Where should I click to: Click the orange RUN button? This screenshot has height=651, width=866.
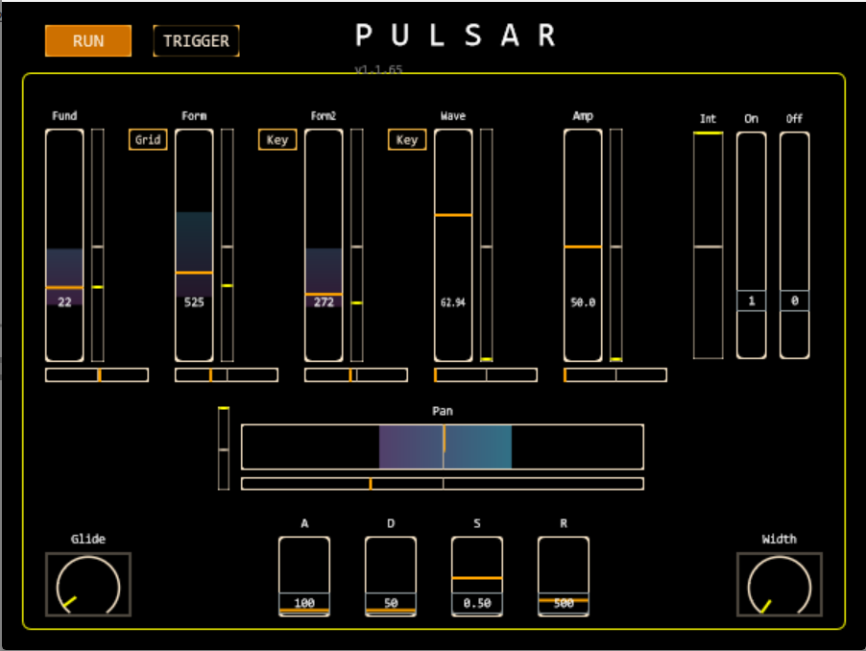tap(88, 41)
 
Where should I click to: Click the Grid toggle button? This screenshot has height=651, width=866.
tap(148, 140)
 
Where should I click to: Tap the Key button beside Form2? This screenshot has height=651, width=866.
tap(277, 140)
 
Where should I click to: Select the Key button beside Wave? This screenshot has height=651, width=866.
tap(407, 140)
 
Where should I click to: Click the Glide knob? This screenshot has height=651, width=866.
tap(88, 584)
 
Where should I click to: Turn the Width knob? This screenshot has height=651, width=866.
tap(780, 584)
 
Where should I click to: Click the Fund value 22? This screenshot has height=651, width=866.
tap(64, 301)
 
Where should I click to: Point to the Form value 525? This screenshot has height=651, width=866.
tap(194, 301)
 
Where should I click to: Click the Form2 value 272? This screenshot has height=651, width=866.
tap(324, 301)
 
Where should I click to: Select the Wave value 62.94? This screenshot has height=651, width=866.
tap(453, 301)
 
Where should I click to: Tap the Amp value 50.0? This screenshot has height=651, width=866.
tap(583, 301)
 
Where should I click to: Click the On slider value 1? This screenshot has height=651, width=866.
tap(752, 301)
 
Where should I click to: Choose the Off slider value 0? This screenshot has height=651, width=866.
tap(794, 301)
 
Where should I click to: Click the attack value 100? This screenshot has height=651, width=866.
tap(304, 603)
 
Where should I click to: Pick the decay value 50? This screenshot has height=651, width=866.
tap(391, 603)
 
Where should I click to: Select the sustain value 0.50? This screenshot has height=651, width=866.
tap(477, 603)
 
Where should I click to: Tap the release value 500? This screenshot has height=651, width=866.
tap(564, 603)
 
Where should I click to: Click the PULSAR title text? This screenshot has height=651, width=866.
tap(456, 36)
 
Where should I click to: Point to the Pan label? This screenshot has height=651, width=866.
tap(443, 411)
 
